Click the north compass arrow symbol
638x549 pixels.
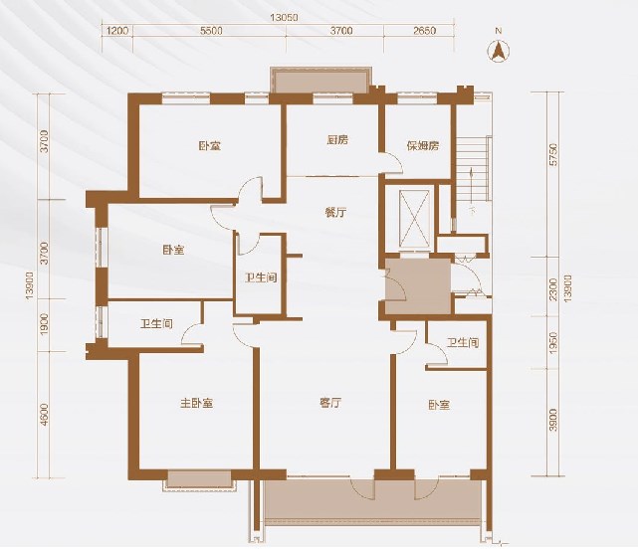(499, 52)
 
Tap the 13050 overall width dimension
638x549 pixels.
(285, 18)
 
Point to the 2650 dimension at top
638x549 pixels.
(424, 31)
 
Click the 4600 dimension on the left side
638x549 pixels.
(44, 415)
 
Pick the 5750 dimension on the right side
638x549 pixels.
(553, 154)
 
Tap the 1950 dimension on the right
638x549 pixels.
(553, 342)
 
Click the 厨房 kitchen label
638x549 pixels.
(337, 140)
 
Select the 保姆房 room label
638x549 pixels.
(423, 145)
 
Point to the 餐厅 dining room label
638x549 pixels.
(335, 212)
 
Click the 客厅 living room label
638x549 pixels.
(330, 403)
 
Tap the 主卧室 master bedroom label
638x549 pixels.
(197, 404)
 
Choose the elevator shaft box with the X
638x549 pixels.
(414, 219)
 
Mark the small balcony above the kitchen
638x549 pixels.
(321, 80)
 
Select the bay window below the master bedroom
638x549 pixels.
(199, 480)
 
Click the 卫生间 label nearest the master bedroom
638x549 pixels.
(156, 324)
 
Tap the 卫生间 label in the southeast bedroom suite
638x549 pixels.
(463, 342)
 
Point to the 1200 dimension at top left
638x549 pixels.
(117, 31)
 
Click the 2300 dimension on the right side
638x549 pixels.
(553, 289)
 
